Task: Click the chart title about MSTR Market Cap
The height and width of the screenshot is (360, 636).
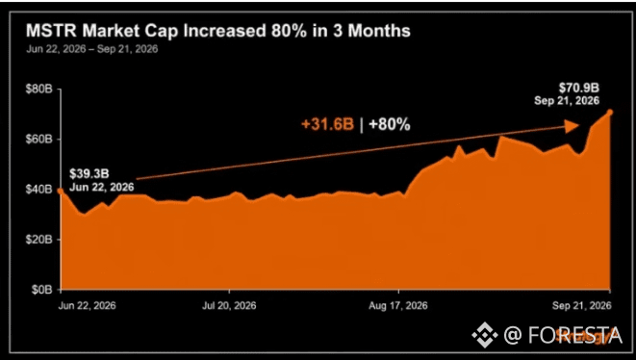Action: click(218, 31)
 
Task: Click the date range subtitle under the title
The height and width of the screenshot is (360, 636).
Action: click(92, 49)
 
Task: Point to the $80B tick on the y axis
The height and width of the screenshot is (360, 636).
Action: click(39, 89)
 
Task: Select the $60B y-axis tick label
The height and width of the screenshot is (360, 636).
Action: click(39, 140)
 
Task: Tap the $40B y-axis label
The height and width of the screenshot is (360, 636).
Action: click(39, 189)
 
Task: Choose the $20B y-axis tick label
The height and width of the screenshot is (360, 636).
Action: click(39, 240)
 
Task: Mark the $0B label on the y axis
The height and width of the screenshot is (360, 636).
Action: click(42, 290)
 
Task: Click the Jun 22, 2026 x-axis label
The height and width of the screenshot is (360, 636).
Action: click(87, 305)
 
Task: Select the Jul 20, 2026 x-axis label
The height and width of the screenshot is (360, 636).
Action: click(229, 305)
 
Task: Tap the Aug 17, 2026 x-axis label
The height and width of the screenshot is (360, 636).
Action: click(398, 305)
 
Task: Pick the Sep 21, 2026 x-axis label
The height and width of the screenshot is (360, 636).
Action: click(582, 305)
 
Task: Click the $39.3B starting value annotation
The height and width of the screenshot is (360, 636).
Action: click(89, 174)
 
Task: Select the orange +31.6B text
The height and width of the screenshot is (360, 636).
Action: click(328, 124)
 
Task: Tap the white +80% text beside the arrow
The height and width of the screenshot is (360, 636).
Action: click(389, 124)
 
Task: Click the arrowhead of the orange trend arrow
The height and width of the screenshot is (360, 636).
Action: click(572, 126)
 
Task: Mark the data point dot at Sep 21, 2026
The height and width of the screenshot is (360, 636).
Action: click(610, 113)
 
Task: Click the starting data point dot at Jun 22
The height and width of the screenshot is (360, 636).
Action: click(61, 191)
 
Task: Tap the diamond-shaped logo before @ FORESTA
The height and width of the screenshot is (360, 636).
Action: click(485, 335)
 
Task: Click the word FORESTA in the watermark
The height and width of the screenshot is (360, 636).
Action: click(575, 335)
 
